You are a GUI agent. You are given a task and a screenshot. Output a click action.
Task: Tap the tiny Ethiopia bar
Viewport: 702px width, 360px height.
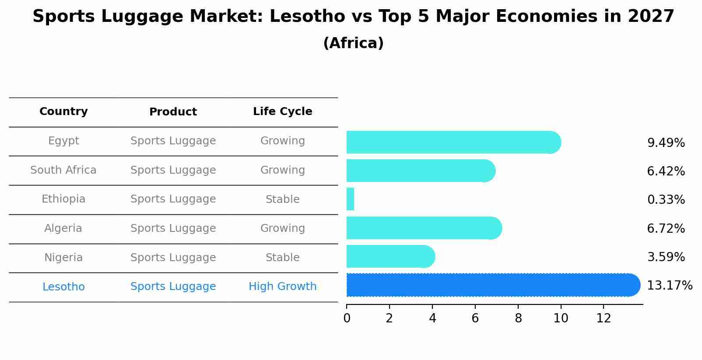(350, 199)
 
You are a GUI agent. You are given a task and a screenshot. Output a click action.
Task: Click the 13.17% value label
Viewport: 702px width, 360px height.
(669, 286)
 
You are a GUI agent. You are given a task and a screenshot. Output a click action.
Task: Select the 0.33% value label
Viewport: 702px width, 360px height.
(666, 200)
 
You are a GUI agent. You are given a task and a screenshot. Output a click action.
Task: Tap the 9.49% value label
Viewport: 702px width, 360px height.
(666, 143)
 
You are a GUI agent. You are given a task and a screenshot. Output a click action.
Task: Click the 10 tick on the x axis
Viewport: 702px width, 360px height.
(561, 318)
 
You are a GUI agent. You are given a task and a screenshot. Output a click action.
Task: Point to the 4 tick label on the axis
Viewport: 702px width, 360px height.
(432, 318)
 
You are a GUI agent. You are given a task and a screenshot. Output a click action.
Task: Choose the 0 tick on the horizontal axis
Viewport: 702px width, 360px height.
(347, 318)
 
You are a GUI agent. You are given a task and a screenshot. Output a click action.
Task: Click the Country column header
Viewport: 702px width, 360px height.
(63, 112)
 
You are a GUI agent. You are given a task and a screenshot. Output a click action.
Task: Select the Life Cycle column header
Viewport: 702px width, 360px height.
(282, 112)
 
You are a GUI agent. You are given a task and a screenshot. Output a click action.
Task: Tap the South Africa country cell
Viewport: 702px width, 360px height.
(63, 170)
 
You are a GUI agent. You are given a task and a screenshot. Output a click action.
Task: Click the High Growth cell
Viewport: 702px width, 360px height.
(282, 287)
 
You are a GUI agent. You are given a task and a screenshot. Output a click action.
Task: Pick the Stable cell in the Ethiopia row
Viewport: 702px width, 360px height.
(282, 199)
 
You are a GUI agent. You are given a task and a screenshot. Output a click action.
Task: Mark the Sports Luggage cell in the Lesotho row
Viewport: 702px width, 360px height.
(173, 287)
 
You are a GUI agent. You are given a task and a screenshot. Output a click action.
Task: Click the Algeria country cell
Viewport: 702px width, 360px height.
(63, 228)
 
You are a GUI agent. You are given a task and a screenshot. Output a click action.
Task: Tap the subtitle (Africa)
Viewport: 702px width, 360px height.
(353, 43)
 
